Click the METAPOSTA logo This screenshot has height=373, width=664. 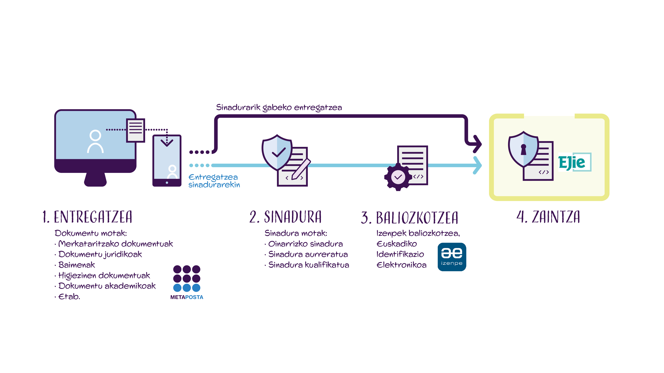coord(187,282)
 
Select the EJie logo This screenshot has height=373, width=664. coord(575,162)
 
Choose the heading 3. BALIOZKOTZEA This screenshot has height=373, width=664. coord(410,218)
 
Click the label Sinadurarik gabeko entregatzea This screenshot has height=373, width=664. coord(279,107)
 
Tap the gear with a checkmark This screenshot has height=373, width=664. coord(398,177)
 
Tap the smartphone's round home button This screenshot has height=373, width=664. coord(167,183)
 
